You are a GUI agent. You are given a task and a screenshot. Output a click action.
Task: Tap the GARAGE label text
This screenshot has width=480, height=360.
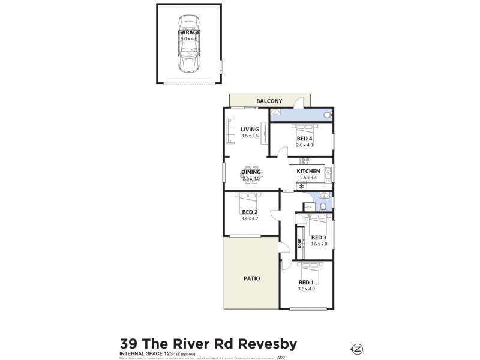click(189, 32)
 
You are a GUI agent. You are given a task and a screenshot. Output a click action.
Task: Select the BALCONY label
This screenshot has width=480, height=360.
click(269, 101)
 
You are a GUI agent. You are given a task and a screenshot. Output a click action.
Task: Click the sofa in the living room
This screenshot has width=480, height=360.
click(230, 130)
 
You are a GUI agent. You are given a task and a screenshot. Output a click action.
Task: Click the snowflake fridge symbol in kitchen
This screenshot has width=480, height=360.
click(293, 187)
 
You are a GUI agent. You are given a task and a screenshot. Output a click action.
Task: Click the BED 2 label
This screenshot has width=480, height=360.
click(250, 212)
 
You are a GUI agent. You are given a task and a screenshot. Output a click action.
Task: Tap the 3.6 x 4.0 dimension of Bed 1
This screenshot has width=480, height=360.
click(306, 289)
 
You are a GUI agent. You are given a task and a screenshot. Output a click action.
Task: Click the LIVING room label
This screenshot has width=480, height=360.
click(250, 129)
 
